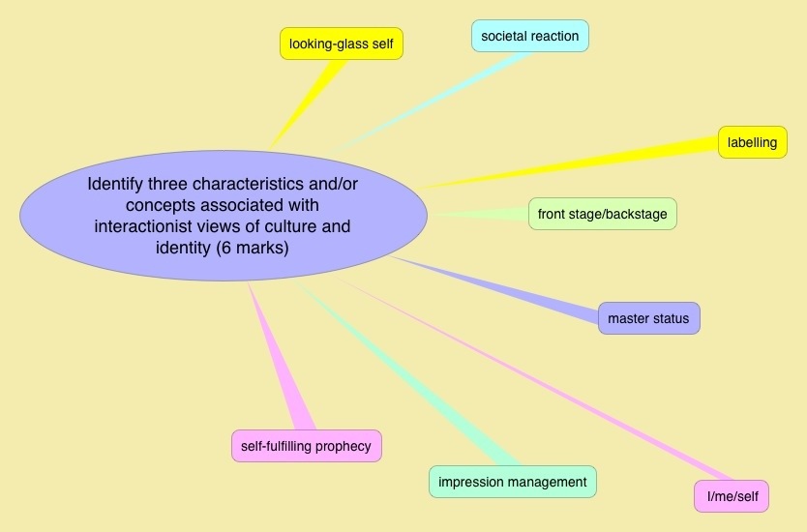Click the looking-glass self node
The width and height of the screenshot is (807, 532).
341,44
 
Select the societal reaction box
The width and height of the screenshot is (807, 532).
529,37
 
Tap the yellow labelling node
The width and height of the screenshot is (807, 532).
752,142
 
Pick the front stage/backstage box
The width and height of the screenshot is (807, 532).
602,214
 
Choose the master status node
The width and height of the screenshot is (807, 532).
648,317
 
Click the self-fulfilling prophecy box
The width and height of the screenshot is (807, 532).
307,446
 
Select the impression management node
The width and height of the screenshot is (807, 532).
512,482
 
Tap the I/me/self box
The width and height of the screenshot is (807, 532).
732,496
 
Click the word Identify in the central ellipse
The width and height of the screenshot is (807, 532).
121,183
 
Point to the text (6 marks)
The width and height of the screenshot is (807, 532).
253,249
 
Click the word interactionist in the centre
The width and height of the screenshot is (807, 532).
142,227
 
